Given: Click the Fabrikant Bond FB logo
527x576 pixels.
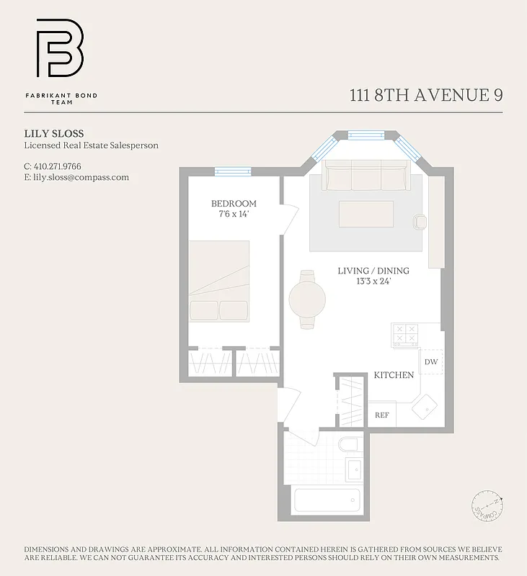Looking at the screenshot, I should pyautogui.click(x=60, y=48).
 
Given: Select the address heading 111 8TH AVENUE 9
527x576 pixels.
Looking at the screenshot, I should pyautogui.click(x=425, y=96).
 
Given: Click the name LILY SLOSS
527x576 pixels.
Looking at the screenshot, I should pyautogui.click(x=54, y=133).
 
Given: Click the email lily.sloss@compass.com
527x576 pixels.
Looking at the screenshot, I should pyautogui.click(x=81, y=177).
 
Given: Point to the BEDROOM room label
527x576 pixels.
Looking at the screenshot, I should pyautogui.click(x=233, y=204).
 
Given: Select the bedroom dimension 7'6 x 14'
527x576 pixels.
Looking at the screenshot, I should pyautogui.click(x=233, y=215).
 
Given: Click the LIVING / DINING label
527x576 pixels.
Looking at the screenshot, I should pyautogui.click(x=373, y=271).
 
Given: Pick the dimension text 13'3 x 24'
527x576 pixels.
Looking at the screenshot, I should pyautogui.click(x=373, y=282).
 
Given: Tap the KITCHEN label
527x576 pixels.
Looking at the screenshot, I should pyautogui.click(x=393, y=375).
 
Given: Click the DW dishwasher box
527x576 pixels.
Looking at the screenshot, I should pyautogui.click(x=430, y=362).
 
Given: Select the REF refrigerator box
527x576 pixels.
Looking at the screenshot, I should pyautogui.click(x=382, y=415).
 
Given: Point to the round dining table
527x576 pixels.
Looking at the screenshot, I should pyautogui.click(x=307, y=299).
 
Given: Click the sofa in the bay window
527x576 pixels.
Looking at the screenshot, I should pyautogui.click(x=366, y=174).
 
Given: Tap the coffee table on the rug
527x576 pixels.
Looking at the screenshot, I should pyautogui.click(x=366, y=214).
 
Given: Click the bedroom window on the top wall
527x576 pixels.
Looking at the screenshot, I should pyautogui.click(x=233, y=171).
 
